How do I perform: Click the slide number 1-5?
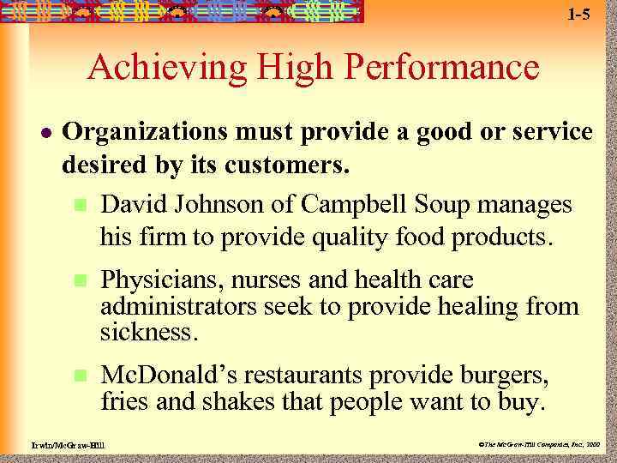(579, 15)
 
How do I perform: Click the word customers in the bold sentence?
(287, 165)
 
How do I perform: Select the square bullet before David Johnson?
(80, 206)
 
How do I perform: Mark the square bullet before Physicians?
(80, 280)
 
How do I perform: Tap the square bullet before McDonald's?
(80, 376)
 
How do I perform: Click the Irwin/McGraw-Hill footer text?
(60, 445)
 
